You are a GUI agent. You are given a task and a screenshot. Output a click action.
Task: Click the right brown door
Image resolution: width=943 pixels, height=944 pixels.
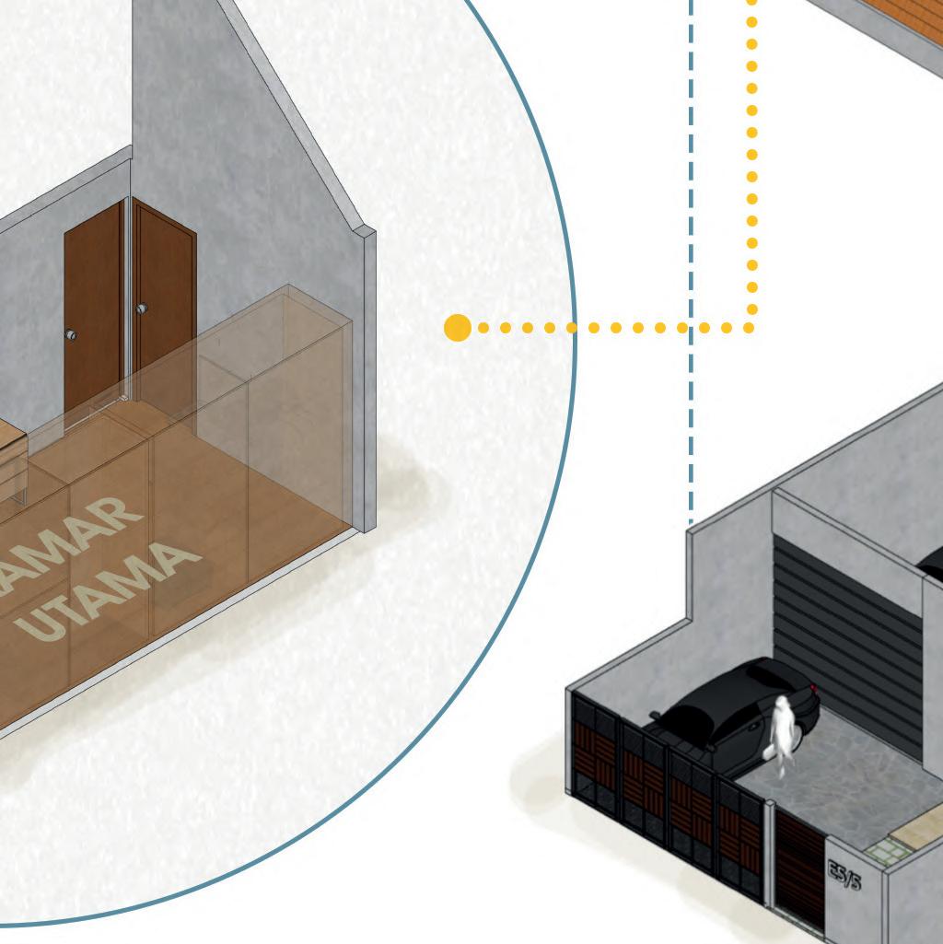(x=164, y=295)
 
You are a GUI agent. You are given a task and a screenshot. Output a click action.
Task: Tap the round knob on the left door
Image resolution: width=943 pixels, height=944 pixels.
(x=72, y=335)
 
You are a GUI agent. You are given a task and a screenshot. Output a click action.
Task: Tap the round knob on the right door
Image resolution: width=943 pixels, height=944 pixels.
(x=142, y=309)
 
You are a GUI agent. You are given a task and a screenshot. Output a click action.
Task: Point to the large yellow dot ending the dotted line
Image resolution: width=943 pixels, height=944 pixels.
(x=458, y=328)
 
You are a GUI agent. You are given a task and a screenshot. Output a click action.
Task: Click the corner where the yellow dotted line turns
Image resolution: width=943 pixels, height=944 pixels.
(x=751, y=327)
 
